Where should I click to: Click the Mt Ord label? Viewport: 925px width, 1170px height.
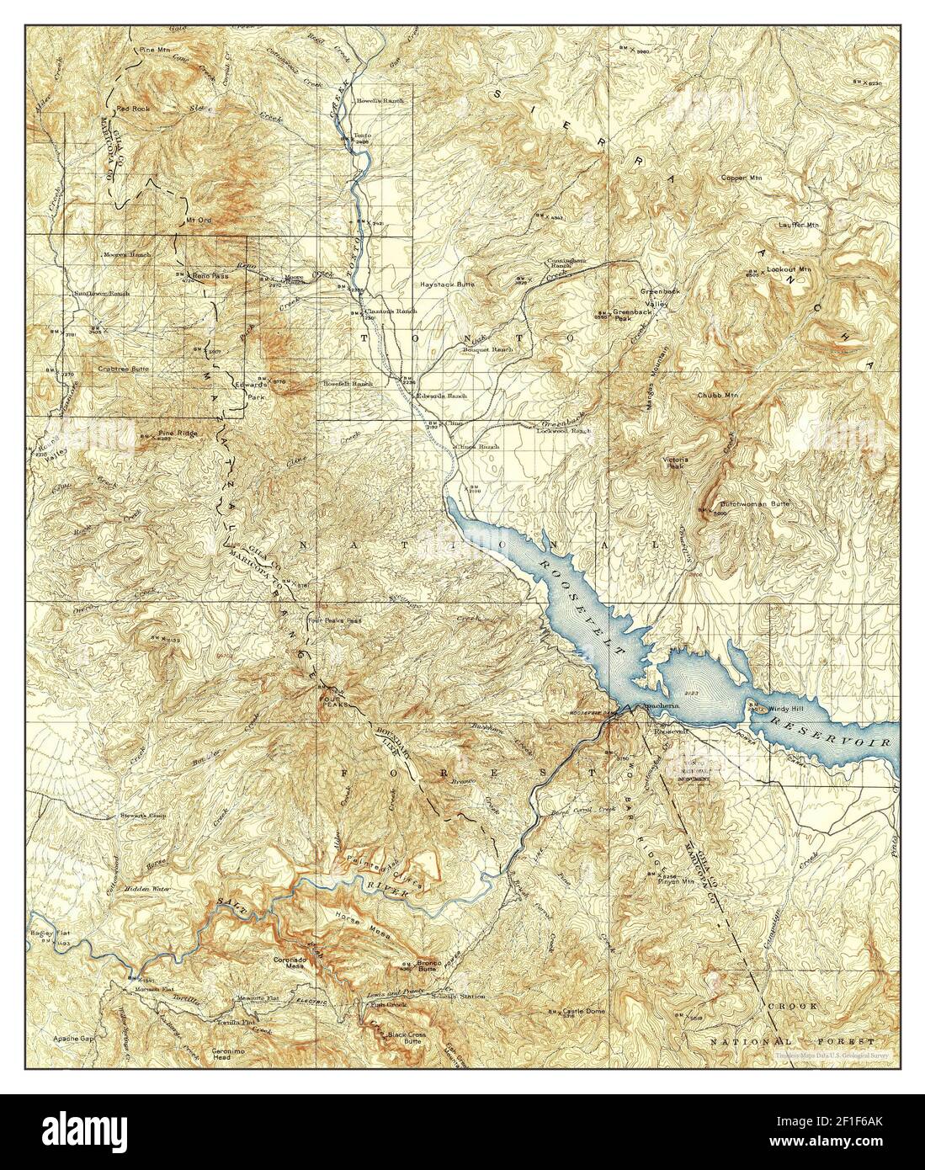click(195, 222)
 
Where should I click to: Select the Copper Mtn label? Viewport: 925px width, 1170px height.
click(741, 178)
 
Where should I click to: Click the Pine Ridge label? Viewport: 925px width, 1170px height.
click(177, 433)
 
